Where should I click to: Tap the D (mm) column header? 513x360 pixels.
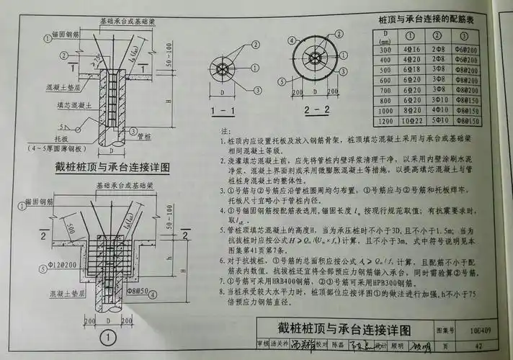coord(386,37)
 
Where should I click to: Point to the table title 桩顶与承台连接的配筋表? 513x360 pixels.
coord(425,19)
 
